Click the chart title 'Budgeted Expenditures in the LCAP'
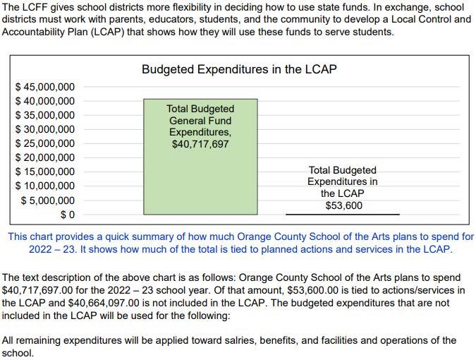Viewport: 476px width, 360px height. (x=239, y=69)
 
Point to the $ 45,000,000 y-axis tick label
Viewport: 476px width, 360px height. (x=45, y=87)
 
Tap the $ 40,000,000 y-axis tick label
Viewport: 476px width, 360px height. (x=45, y=101)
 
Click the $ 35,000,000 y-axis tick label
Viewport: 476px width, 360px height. (x=45, y=115)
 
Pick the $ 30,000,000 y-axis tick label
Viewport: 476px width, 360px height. (x=45, y=129)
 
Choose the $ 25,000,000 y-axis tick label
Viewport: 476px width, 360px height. (x=45, y=143)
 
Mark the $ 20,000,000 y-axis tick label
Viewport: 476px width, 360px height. (x=45, y=157)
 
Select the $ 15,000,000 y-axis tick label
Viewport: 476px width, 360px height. (x=45, y=172)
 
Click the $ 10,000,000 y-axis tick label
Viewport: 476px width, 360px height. (x=45, y=186)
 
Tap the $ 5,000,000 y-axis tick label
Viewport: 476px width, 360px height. (x=48, y=200)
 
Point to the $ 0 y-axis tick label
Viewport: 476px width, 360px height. (x=67, y=215)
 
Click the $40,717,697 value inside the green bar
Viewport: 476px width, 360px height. (x=200, y=145)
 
